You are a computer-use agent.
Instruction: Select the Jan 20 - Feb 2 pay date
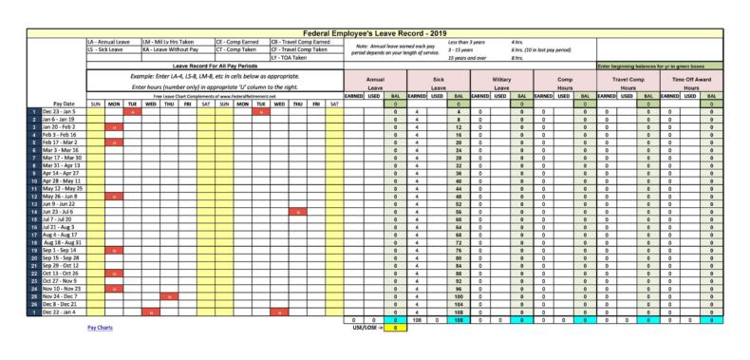tap(66, 126)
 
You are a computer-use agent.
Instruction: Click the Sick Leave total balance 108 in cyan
tap(459, 319)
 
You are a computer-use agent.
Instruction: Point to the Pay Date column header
tap(65, 103)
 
